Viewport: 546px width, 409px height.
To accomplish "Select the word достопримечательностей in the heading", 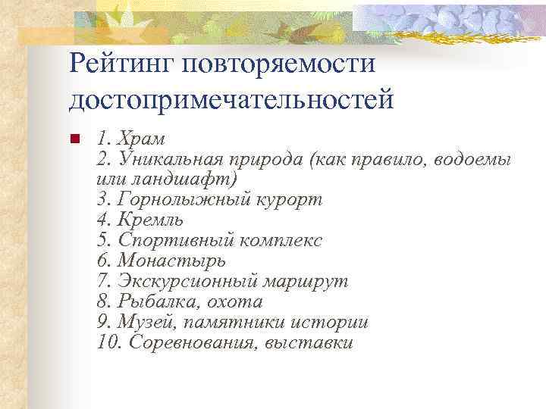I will (231, 99).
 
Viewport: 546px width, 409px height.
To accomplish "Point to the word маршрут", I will (306, 282).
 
